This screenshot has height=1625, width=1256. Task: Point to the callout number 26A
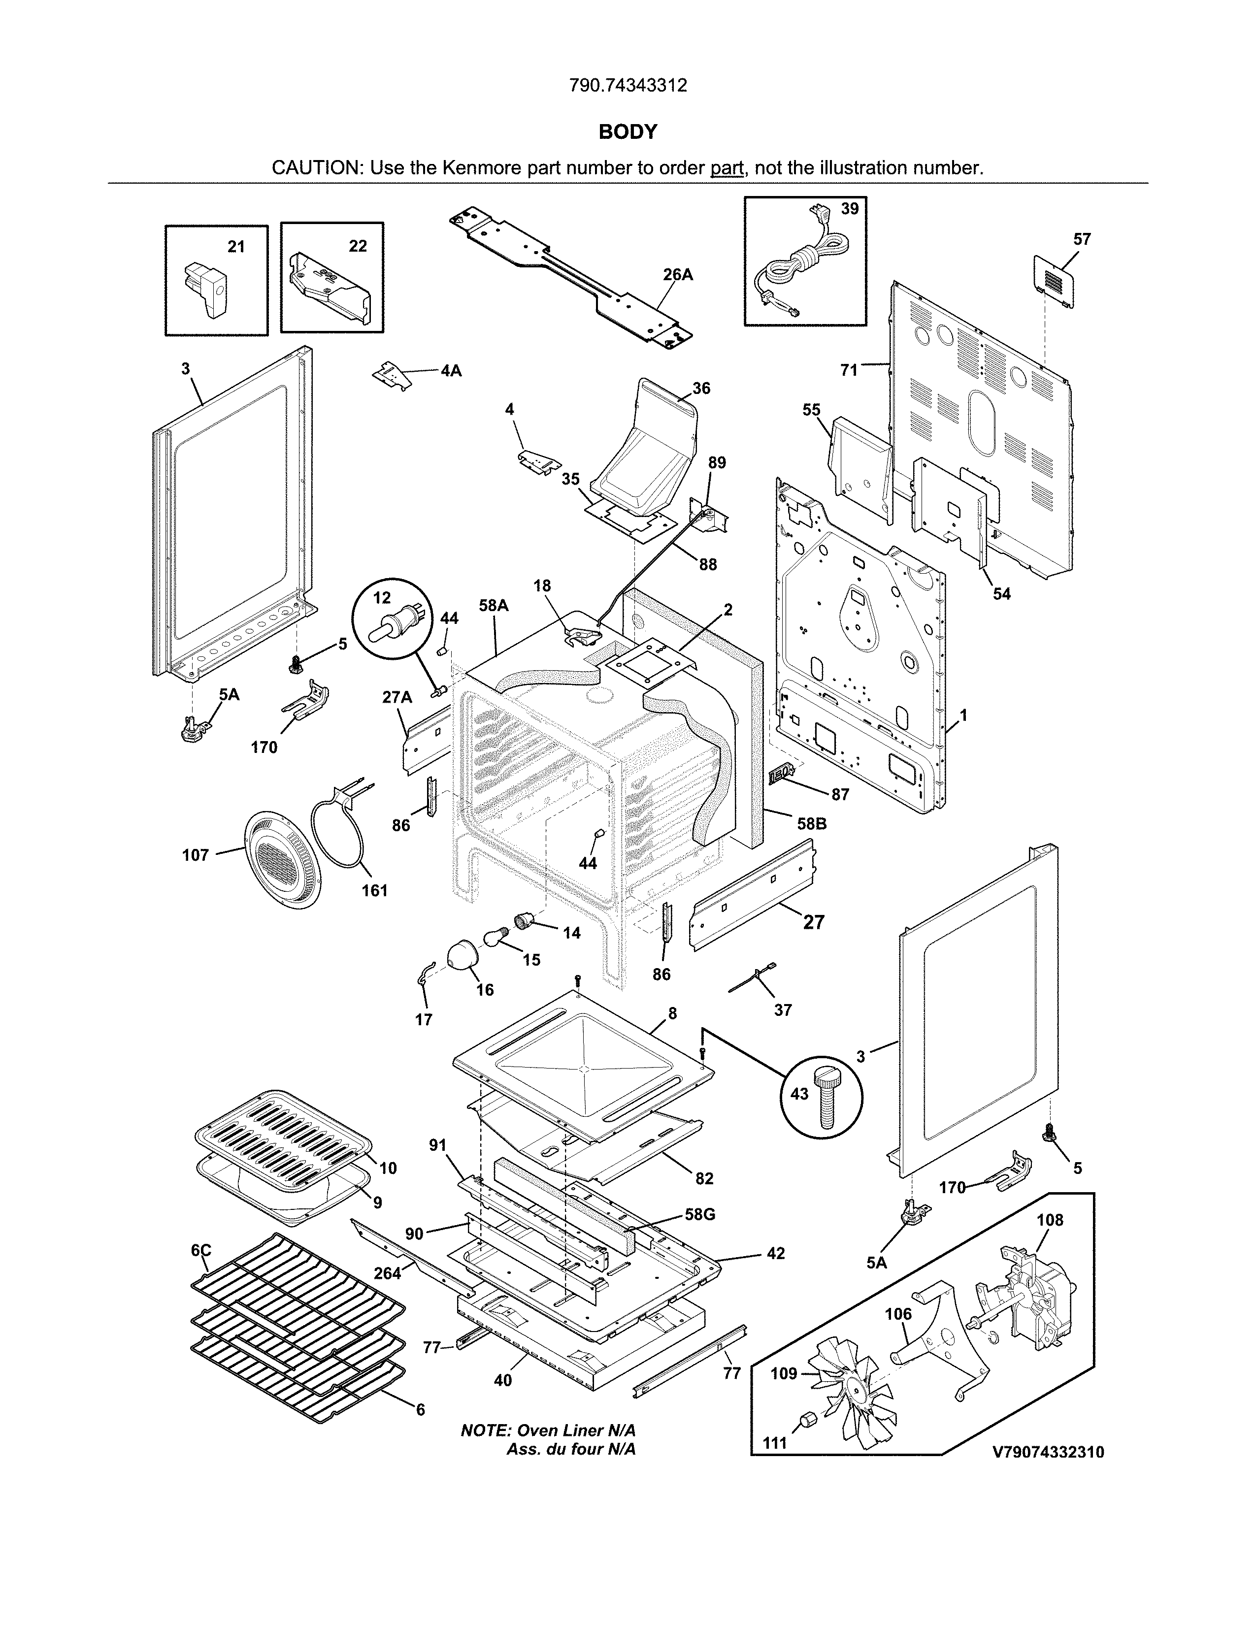pos(678,275)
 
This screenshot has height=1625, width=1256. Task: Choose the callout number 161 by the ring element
pos(374,891)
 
